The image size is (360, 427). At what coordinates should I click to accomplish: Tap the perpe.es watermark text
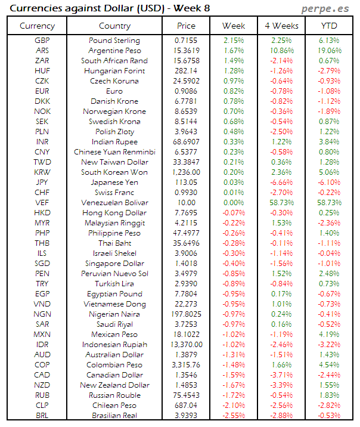click(327, 8)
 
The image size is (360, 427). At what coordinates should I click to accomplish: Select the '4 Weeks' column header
click(281, 26)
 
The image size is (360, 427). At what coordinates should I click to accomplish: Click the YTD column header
click(330, 26)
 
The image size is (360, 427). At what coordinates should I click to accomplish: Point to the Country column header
click(114, 26)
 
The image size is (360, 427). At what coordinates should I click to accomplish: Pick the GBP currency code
click(42, 41)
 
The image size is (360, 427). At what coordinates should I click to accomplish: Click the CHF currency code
click(42, 193)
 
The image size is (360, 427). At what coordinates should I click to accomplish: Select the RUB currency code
click(42, 395)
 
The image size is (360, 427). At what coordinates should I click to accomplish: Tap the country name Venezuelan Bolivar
click(114, 203)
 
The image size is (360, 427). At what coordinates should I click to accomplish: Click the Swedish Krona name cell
click(114, 122)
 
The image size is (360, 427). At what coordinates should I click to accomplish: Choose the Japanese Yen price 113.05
click(186, 182)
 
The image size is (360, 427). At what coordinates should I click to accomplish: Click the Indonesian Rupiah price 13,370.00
click(186, 345)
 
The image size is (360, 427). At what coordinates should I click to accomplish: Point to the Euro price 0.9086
click(186, 91)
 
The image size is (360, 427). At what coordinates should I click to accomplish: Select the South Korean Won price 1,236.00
click(186, 172)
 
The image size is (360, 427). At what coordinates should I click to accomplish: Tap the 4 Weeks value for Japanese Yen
click(281, 182)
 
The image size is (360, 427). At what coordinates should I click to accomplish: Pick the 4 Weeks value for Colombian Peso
click(281, 365)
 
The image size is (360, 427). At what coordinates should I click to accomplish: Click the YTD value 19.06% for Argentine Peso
click(330, 51)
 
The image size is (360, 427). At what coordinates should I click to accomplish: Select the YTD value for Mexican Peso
click(330, 335)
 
